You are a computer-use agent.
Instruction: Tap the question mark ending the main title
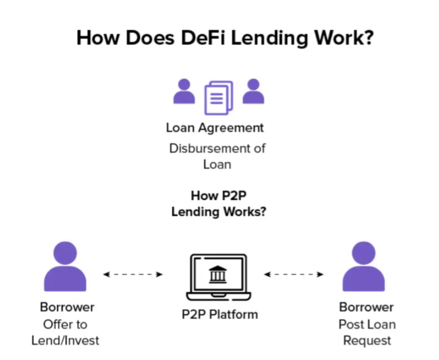click(367, 38)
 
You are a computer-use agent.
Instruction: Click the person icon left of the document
click(184, 92)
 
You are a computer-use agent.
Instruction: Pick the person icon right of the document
click(253, 92)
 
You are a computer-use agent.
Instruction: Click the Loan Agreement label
click(215, 128)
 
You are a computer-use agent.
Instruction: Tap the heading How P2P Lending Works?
click(218, 204)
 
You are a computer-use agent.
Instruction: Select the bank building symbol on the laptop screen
click(218, 274)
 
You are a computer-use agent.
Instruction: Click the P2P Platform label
click(220, 314)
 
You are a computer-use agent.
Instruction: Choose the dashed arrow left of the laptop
click(133, 274)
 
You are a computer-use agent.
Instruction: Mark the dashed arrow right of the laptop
click(294, 274)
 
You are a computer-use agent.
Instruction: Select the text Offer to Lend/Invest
click(65, 332)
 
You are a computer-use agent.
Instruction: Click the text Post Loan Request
click(367, 332)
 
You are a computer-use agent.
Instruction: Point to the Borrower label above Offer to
click(67, 307)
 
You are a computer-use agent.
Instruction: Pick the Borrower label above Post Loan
click(366, 307)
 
